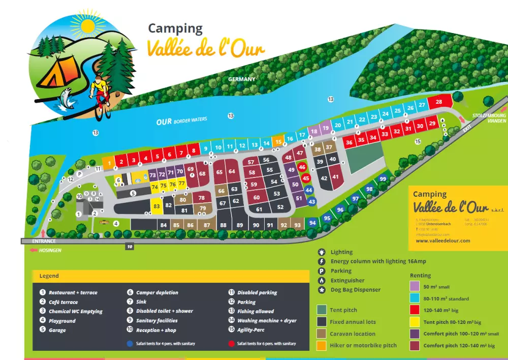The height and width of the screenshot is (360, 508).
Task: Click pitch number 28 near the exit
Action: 438,102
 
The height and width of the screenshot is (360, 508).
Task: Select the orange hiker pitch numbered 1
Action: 109,163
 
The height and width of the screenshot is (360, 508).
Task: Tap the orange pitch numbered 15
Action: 278,142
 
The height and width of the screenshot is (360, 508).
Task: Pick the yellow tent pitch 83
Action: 156,206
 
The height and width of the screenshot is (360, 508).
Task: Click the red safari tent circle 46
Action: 302,167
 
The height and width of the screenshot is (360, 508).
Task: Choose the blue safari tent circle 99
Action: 383,178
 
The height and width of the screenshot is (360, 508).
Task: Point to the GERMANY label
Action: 241,79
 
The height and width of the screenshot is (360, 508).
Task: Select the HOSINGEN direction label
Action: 48,251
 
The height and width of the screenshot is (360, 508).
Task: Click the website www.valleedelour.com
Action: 443,241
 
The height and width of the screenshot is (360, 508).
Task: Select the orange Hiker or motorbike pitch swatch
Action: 321,346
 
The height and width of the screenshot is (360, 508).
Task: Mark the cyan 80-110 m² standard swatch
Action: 415,298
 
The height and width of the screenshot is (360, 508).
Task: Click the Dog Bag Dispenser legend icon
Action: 321,290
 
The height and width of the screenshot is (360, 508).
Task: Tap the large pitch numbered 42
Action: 324,178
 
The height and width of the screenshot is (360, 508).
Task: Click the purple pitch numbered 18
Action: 313,131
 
